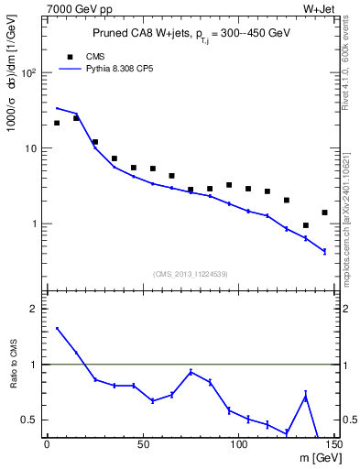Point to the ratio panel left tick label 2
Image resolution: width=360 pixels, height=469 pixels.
[34, 309]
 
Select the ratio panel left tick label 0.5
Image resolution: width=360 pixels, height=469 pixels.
[30, 420]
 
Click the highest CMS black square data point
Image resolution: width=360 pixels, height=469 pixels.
[76, 118]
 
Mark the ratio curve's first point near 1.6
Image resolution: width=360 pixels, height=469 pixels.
[57, 329]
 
